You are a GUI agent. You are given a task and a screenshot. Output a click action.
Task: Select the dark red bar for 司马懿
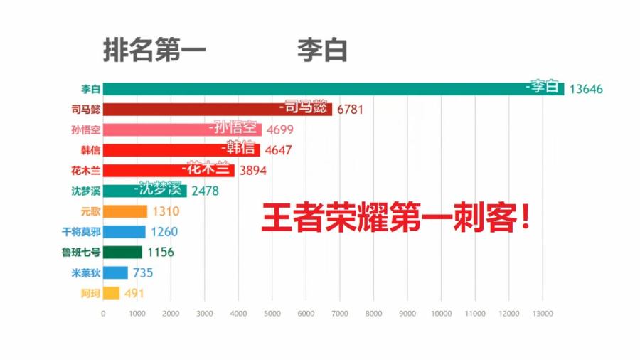(x=218, y=110)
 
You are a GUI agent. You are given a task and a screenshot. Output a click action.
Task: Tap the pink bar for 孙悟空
(x=182, y=129)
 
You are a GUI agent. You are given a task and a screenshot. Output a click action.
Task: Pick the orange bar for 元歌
(x=125, y=211)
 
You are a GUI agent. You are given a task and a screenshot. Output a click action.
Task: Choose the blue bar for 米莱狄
(x=115, y=272)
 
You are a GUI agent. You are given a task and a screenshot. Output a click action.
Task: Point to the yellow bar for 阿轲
(x=112, y=293)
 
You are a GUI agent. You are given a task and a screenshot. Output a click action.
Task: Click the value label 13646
(x=586, y=89)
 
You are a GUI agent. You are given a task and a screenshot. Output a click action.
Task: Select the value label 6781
(x=351, y=110)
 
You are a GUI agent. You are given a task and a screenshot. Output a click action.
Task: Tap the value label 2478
(x=206, y=191)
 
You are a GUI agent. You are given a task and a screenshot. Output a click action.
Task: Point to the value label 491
(x=135, y=293)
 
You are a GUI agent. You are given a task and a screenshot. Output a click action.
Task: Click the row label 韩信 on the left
(x=90, y=150)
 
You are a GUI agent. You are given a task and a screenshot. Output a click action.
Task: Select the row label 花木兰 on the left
(x=86, y=171)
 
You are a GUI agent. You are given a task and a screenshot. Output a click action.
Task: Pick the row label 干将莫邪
(x=81, y=232)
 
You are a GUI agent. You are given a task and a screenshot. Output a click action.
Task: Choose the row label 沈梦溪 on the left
(x=86, y=191)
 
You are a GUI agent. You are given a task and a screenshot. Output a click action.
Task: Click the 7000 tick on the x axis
(x=340, y=313)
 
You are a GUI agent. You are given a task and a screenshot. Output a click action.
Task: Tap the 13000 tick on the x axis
(x=543, y=313)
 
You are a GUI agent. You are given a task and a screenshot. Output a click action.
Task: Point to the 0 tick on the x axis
(x=103, y=313)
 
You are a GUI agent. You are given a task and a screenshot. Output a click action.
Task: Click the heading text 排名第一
(x=155, y=51)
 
